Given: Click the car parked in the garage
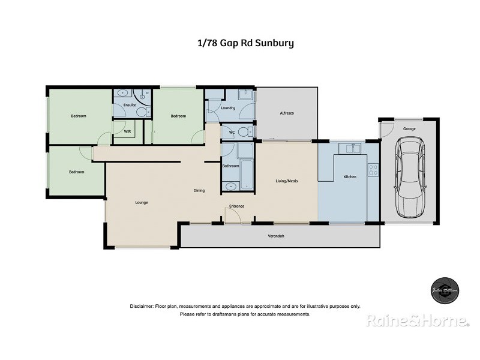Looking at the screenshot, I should (410, 178).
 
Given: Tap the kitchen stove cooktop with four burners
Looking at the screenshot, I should (373, 170).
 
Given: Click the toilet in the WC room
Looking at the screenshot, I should (242, 132).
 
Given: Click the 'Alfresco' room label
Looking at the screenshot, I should (286, 113).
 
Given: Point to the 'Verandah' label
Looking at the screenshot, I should (276, 236).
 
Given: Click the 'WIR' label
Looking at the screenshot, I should (128, 131).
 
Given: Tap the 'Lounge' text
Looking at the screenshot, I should (142, 202).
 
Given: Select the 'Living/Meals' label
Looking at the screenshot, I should (286, 181).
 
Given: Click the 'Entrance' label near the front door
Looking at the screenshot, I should (236, 206).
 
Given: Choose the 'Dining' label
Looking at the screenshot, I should (199, 191).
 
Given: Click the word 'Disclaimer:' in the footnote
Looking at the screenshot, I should (142, 306).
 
